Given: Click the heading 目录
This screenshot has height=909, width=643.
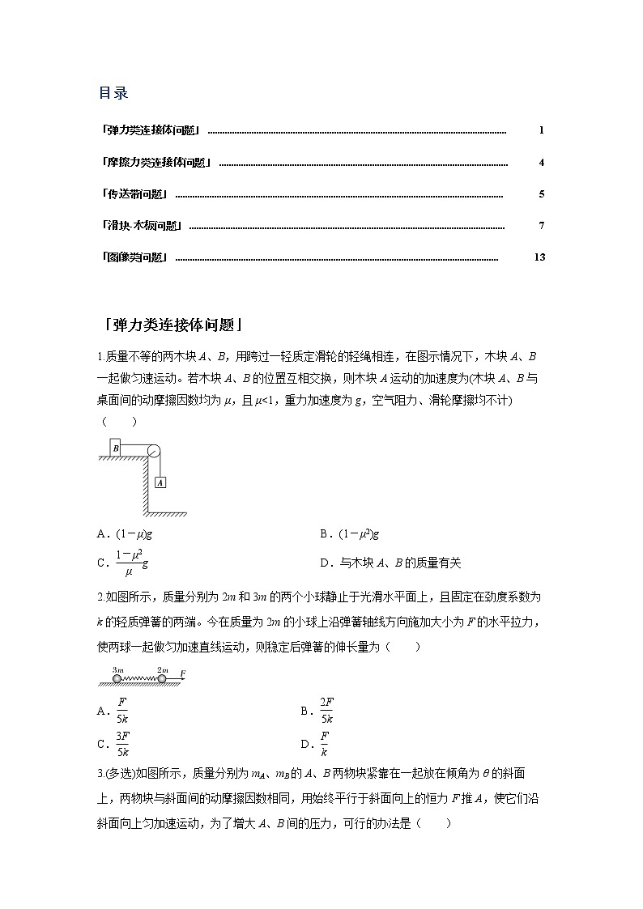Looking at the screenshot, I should click(x=113, y=93).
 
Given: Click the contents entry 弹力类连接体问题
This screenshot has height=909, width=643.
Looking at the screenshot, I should click(x=151, y=130).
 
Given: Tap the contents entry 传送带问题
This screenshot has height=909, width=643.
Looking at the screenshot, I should click(x=135, y=194).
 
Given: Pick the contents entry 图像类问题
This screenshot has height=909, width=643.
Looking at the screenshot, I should click(x=135, y=257).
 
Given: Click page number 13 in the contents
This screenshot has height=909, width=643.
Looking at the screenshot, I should click(x=540, y=257).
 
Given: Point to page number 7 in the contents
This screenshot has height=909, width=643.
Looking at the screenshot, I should click(x=542, y=226).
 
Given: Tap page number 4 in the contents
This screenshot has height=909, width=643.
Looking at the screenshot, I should click(x=542, y=163).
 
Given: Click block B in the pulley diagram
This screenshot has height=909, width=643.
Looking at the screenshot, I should click(x=116, y=448).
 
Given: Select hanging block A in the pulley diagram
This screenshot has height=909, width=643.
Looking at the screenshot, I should click(x=160, y=482).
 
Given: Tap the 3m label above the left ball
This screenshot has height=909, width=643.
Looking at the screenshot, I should click(x=117, y=669).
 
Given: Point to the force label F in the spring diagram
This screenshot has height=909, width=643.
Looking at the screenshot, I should click(x=183, y=673).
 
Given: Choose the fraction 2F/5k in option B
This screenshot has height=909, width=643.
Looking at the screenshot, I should click(x=326, y=711).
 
